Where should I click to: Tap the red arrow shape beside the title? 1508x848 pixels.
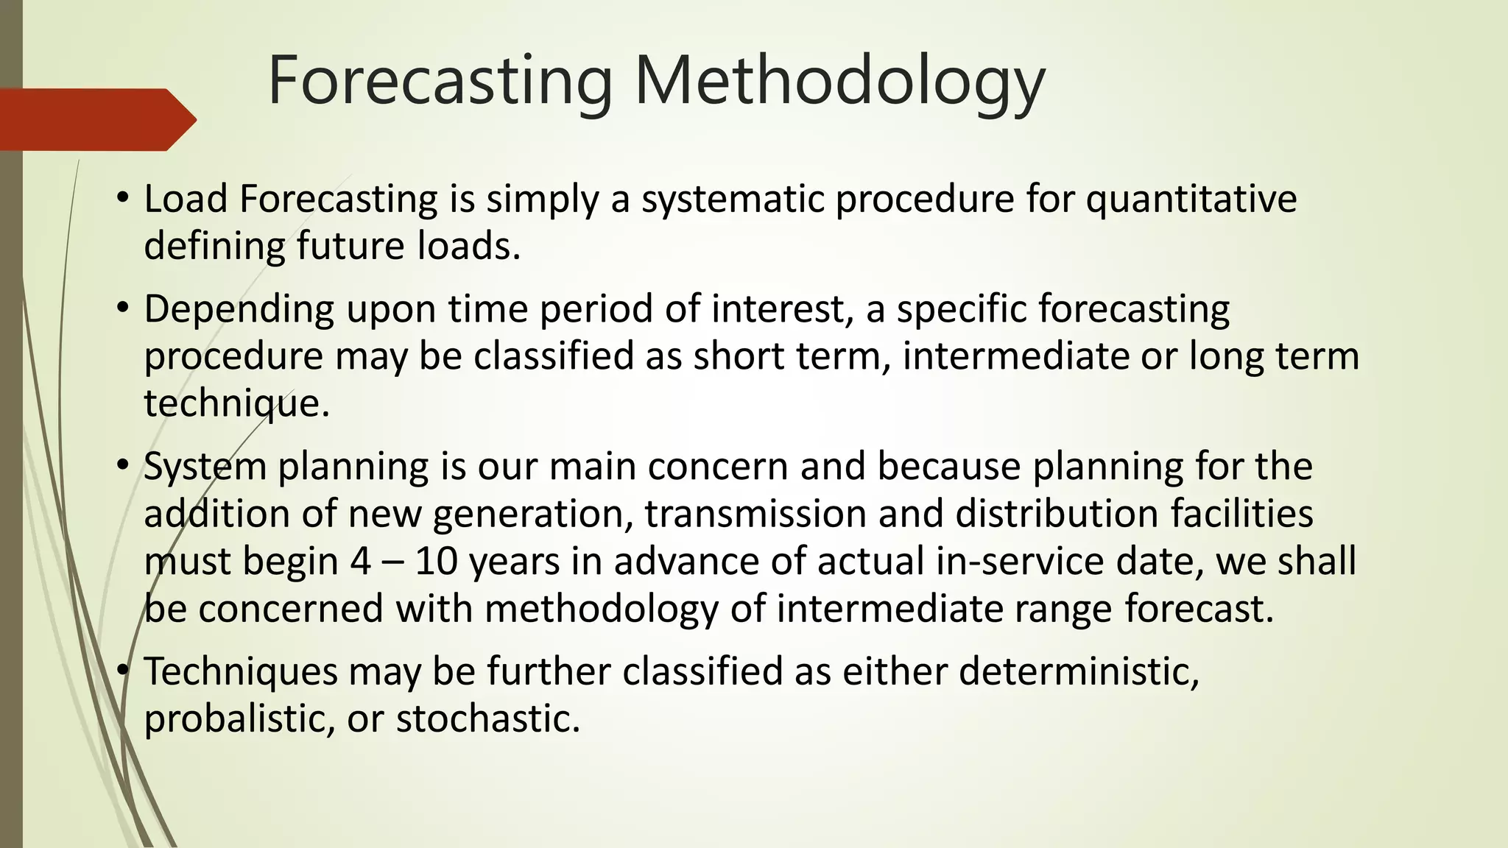coord(96,120)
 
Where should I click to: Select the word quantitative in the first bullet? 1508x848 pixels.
coord(1191,200)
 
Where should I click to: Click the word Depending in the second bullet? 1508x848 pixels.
coord(239,310)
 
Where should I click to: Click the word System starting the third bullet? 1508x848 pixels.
coord(204,467)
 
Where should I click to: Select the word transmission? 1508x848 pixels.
coord(755,515)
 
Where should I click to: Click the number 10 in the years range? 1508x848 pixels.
coord(437,562)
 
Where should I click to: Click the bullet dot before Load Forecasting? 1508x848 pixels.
coord(123,198)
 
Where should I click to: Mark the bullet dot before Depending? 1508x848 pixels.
coord(123,308)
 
